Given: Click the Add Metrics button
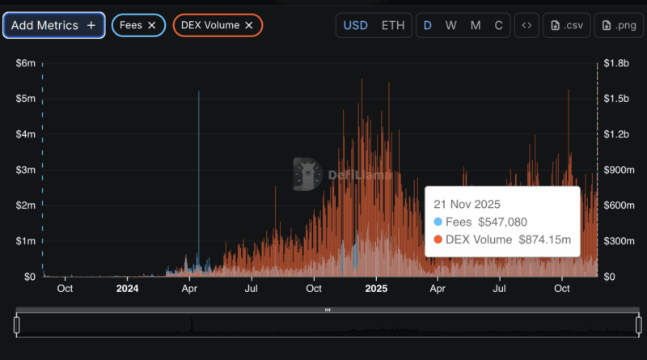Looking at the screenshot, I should [x=53, y=25].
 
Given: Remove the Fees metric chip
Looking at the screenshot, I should [x=152, y=25].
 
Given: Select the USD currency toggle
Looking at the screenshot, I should [x=356, y=25].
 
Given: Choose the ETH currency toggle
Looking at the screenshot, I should [x=393, y=25].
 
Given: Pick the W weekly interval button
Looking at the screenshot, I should [x=451, y=25].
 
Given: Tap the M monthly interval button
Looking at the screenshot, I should [x=476, y=25].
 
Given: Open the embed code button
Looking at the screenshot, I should [x=526, y=25].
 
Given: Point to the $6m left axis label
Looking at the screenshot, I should [x=25, y=63].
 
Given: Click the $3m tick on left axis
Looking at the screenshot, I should [x=25, y=170].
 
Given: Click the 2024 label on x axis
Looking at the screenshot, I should [x=128, y=288].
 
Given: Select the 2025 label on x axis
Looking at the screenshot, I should [x=376, y=288].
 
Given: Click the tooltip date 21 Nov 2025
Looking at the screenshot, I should [x=467, y=204].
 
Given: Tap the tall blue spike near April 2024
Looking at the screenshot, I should [x=199, y=162].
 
